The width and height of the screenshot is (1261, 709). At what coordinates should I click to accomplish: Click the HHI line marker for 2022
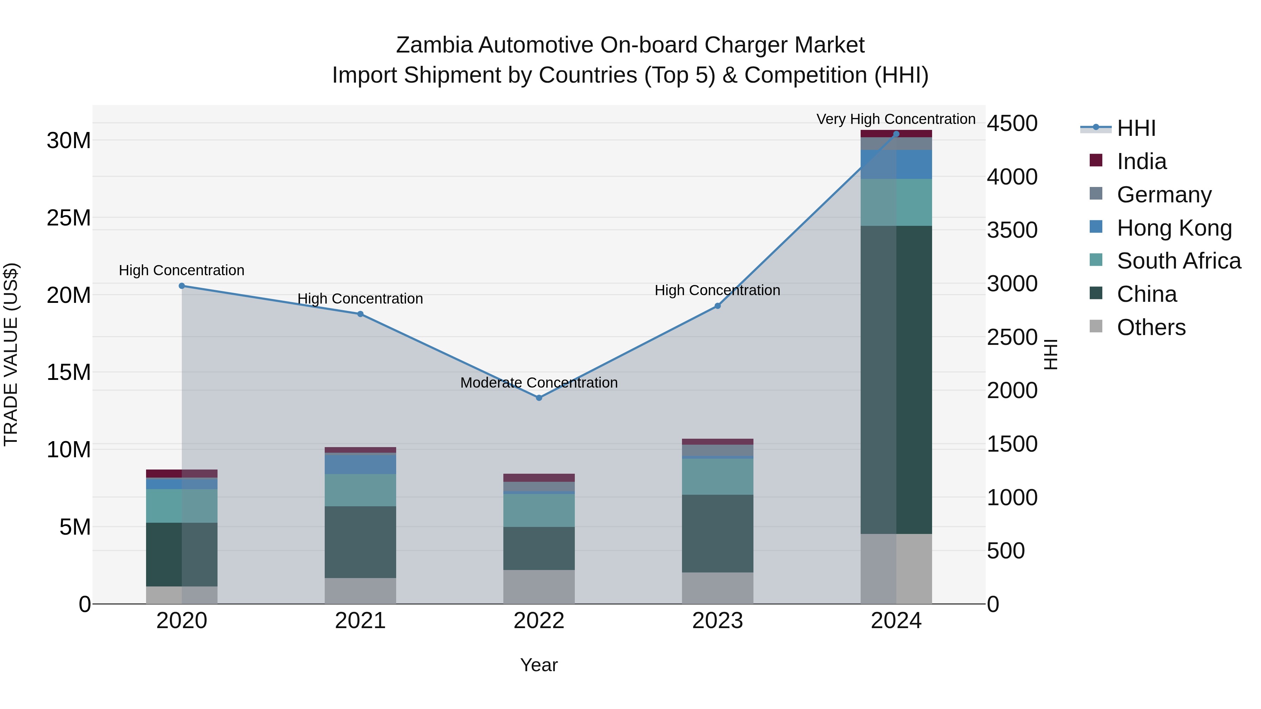click(x=539, y=398)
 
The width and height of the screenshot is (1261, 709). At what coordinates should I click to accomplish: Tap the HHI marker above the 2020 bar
click(x=181, y=286)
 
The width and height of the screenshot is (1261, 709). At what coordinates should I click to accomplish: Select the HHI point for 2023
click(x=718, y=306)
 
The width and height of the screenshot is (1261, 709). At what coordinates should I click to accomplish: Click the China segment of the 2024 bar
click(x=896, y=379)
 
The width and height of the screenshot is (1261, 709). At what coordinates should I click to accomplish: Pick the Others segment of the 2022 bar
click(x=539, y=587)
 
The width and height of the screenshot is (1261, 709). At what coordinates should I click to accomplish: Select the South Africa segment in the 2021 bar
click(x=360, y=490)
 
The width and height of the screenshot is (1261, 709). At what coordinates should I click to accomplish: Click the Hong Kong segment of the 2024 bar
click(x=896, y=165)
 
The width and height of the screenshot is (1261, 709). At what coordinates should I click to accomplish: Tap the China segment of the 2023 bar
click(x=718, y=533)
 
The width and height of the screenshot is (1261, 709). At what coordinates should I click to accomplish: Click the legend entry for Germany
click(x=1164, y=195)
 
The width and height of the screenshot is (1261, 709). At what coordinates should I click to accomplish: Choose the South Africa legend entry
click(x=1179, y=261)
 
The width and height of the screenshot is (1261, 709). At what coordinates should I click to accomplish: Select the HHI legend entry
click(x=1136, y=128)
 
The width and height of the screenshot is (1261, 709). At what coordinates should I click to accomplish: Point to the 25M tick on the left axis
click(x=69, y=218)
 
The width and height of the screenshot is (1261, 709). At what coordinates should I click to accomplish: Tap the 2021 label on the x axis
click(x=360, y=621)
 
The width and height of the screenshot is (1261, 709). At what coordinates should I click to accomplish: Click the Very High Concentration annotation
click(x=896, y=119)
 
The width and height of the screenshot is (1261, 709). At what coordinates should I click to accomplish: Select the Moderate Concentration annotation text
click(x=539, y=383)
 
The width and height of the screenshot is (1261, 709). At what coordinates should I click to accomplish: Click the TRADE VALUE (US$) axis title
click(x=11, y=354)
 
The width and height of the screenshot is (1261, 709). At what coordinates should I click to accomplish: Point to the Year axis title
click(x=539, y=665)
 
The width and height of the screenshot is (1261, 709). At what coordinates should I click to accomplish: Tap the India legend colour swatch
click(x=1096, y=160)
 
